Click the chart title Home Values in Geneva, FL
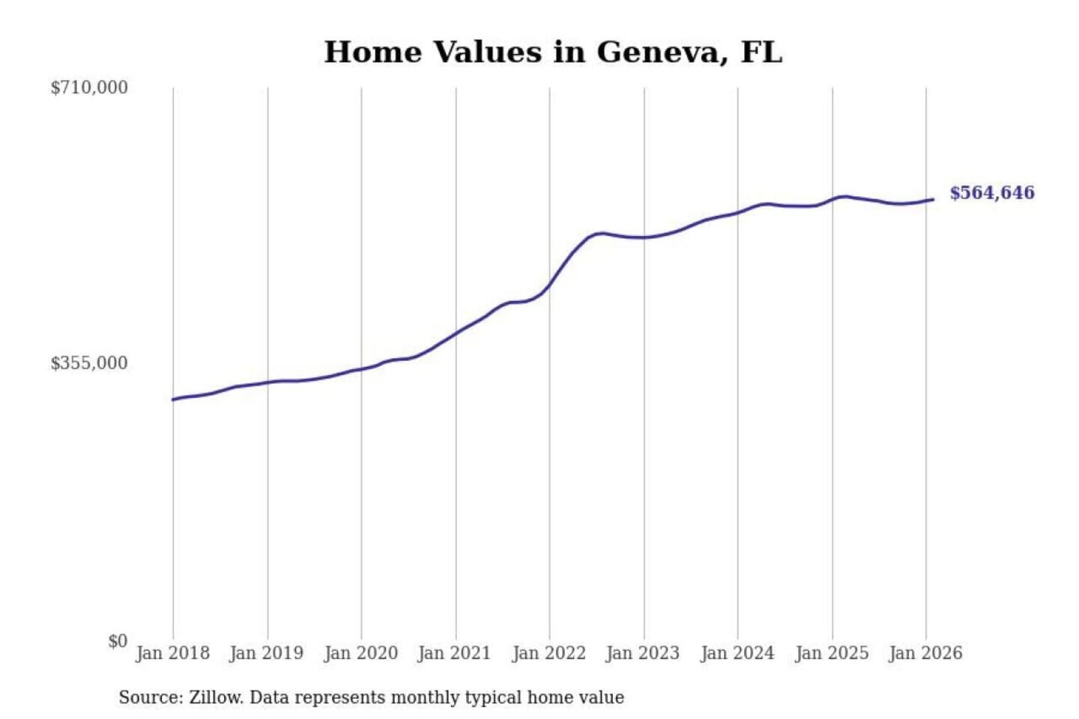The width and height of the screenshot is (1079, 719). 553,52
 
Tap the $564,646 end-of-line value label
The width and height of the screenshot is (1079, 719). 991,193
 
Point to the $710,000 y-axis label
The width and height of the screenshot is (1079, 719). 89,88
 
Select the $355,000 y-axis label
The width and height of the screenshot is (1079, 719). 89,363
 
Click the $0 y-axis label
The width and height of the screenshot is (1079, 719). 118,641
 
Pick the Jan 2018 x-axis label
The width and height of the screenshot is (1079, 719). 172,653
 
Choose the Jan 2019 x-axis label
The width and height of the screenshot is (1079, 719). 266,653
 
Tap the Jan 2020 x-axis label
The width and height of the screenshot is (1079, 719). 360,653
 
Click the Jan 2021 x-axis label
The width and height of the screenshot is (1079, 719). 454,653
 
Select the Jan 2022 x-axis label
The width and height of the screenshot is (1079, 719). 548,653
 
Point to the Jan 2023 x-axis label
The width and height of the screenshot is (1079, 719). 642,653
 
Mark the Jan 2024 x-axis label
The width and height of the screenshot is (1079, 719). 737,653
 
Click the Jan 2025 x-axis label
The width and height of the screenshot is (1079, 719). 831,653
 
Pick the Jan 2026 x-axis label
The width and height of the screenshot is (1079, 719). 925,653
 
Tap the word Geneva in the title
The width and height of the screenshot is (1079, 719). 661,52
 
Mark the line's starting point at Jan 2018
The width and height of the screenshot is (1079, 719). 173,399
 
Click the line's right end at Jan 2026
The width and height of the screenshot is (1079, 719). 932,199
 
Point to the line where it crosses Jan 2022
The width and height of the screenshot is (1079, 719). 549,285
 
